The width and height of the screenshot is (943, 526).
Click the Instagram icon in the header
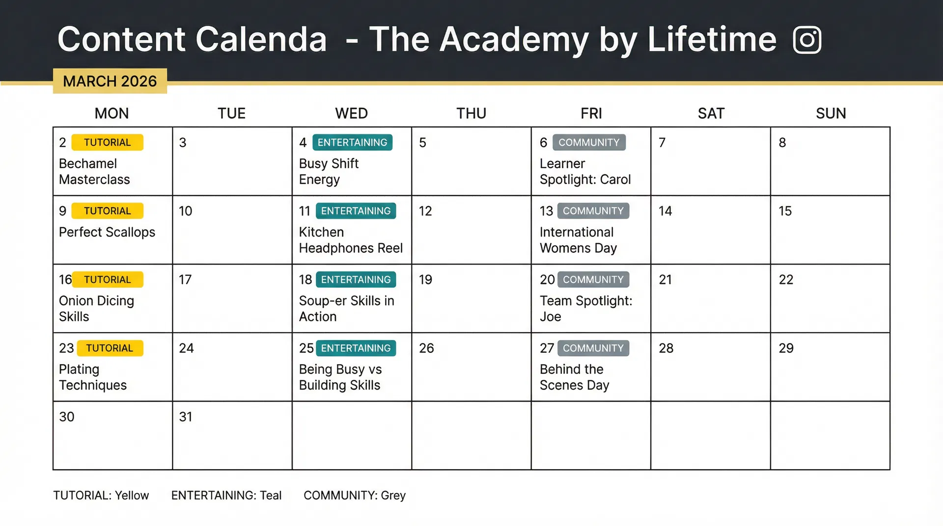[807, 40]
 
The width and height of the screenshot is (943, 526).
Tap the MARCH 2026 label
[110, 81]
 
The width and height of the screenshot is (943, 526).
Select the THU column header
[471, 113]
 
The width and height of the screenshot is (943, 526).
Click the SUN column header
[831, 113]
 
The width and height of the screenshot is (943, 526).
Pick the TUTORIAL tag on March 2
[107, 142]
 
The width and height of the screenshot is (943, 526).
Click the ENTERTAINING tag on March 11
[356, 211]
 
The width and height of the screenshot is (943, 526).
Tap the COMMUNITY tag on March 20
[593, 280]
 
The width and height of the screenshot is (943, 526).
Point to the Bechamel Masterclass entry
[94, 171]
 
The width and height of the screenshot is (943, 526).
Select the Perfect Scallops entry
[107, 232]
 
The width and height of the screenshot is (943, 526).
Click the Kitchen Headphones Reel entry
[351, 240]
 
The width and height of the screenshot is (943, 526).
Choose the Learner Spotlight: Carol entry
[585, 171]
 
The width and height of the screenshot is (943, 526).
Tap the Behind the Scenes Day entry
[574, 377]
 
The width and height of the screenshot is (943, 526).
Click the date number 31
[186, 417]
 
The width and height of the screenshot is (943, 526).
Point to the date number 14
[665, 211]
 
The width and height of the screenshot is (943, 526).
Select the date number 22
[786, 280]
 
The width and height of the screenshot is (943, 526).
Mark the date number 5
[422, 143]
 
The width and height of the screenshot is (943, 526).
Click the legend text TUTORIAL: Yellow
[101, 496]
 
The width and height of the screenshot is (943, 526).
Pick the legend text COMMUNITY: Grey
[355, 496]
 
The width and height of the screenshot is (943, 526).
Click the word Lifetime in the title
[712, 39]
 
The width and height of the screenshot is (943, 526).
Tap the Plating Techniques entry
[93, 377]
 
